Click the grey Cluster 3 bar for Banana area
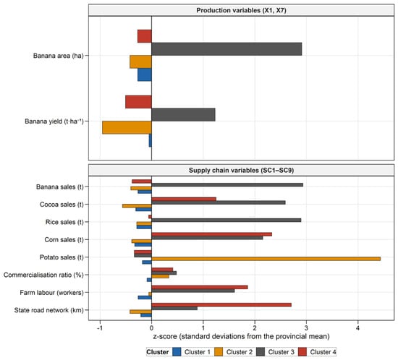pyautogui.click(x=226, y=49)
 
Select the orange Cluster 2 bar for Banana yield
pyautogui.click(x=127, y=127)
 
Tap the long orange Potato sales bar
pyautogui.click(x=266, y=259)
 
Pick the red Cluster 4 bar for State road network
pyautogui.click(x=221, y=305)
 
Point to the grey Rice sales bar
pyautogui.click(x=226, y=220)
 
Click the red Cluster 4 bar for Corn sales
pyautogui.click(x=212, y=234)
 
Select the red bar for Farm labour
pyautogui.click(x=200, y=287)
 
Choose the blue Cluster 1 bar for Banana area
pyautogui.click(x=145, y=74)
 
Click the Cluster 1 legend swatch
pyautogui.click(x=177, y=352)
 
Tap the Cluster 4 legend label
pyautogui.click(x=323, y=352)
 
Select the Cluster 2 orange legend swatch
pyautogui.click(x=219, y=352)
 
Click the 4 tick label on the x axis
pyautogui.click(x=358, y=327)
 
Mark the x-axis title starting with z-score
pyautogui.click(x=242, y=336)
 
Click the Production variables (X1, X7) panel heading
pyautogui.click(x=242, y=10)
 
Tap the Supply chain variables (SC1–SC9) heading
pyautogui.click(x=242, y=171)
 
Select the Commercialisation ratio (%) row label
pyautogui.click(x=43, y=275)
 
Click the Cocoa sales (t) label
pyautogui.click(x=62, y=205)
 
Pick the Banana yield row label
pyautogui.click(x=54, y=121)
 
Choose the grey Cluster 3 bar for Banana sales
pyautogui.click(x=227, y=185)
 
